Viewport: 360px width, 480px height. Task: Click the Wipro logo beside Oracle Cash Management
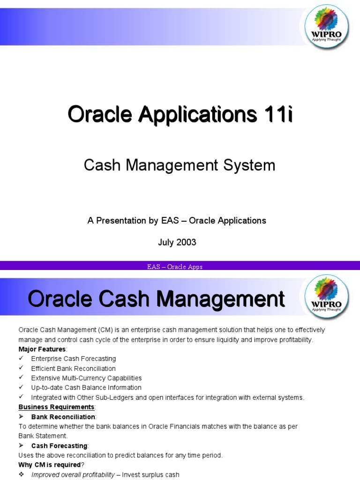pyautogui.click(x=327, y=298)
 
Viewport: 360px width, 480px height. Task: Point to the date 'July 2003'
pyautogui.click(x=177, y=242)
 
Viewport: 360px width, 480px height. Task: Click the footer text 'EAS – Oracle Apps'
pyautogui.click(x=174, y=267)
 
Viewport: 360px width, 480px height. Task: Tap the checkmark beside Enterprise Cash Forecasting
pyautogui.click(x=21, y=359)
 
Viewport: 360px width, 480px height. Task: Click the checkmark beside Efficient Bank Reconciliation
pyautogui.click(x=21, y=368)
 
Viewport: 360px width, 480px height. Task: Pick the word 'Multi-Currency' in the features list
pyautogui.click(x=84, y=378)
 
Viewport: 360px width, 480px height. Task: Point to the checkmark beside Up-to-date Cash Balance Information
pyautogui.click(x=21, y=388)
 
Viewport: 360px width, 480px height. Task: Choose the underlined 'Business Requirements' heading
pyautogui.click(x=56, y=407)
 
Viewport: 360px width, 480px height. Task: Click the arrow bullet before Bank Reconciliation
pyautogui.click(x=22, y=417)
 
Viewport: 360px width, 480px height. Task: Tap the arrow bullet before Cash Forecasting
pyautogui.click(x=22, y=445)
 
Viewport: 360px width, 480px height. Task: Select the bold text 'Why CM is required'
pyautogui.click(x=49, y=465)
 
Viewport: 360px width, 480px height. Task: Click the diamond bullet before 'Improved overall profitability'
pyautogui.click(x=21, y=474)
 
